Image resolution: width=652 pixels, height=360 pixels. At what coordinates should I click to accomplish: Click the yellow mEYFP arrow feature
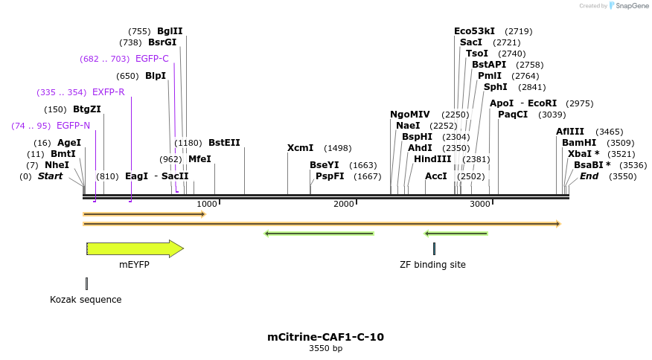134,248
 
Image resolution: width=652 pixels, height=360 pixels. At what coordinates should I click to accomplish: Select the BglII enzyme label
169,31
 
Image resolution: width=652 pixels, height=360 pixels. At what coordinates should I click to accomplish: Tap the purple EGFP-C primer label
152,59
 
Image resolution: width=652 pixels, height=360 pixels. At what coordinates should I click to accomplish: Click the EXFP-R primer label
108,92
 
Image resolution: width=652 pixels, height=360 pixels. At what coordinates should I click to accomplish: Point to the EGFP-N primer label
73,126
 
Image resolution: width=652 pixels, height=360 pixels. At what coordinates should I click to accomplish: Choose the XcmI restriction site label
300,148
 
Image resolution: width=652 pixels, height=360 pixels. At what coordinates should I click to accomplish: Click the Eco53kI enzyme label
474,31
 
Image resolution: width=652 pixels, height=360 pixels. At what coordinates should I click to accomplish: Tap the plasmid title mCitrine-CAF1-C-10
325,337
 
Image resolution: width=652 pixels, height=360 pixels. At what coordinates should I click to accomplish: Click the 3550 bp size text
325,348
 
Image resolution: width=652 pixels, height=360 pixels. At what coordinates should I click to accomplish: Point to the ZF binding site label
432,264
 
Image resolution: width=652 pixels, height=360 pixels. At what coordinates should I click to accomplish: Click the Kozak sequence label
86,300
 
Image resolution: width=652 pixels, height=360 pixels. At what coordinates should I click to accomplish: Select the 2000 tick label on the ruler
344,204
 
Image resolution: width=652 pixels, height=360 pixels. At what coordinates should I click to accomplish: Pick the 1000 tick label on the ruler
207,204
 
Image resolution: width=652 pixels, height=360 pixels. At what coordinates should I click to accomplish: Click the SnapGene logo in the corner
628,6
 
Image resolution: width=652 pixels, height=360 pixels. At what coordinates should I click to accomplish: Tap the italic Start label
50,176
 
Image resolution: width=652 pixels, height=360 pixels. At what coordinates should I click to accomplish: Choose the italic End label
589,176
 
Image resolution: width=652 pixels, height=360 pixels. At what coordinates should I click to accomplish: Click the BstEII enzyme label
224,143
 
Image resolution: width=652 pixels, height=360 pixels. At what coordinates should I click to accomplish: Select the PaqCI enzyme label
512,115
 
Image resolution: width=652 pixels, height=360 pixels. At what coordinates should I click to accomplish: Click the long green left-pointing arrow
319,234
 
